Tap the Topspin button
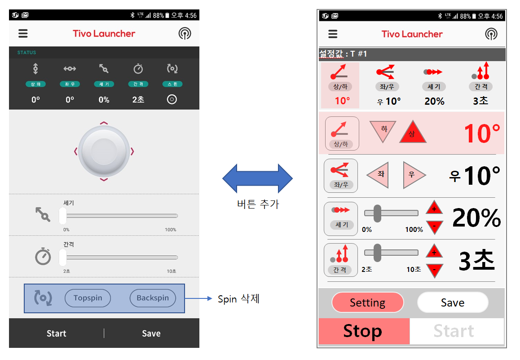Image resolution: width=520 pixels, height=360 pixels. point(88,298)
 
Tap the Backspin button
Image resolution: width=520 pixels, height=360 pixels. point(153,298)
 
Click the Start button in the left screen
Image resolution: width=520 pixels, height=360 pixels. point(57,333)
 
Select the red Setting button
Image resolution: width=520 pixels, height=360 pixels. point(367,302)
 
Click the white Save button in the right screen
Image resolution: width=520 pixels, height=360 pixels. point(453,302)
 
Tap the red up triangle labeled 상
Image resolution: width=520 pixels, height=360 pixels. point(413,132)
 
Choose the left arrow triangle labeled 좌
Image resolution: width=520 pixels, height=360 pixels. point(378,175)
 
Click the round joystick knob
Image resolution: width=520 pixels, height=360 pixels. point(104,151)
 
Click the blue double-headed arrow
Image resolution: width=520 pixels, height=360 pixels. point(257,178)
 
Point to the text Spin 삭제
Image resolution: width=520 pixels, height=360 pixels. point(238,299)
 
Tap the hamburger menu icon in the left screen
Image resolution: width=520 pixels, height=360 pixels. point(23,34)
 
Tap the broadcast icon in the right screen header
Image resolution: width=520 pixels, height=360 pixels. point(491,34)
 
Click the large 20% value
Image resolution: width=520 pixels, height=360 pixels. point(476,218)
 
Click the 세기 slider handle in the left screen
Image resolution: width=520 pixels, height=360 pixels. point(63,216)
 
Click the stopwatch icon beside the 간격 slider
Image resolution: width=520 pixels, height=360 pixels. point(43,256)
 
